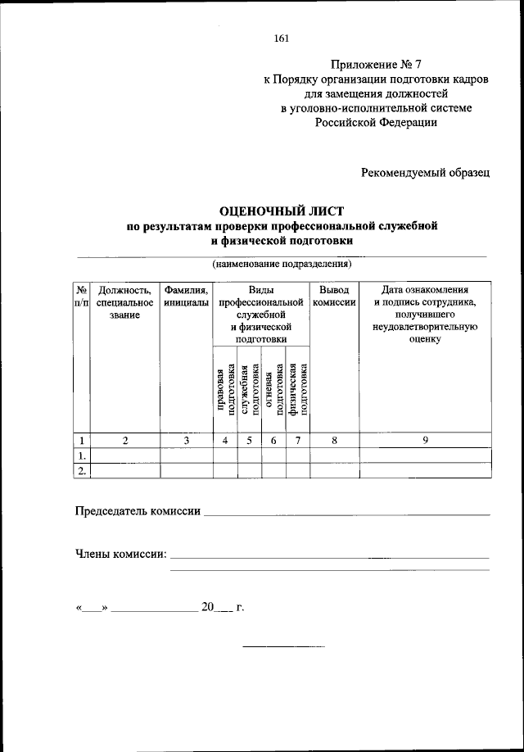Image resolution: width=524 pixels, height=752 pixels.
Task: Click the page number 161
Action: point(282,38)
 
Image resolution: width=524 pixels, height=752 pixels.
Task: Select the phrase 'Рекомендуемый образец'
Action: point(425,171)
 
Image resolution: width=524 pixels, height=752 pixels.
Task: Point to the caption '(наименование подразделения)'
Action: point(282,265)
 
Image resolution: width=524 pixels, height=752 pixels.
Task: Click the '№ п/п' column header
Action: point(82,297)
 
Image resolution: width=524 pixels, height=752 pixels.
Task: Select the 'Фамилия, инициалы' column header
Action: point(186,297)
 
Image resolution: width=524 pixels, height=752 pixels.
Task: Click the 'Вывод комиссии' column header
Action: point(334,297)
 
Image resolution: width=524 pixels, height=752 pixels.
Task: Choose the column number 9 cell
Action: point(425,441)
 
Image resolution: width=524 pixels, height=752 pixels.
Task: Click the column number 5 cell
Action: point(250,441)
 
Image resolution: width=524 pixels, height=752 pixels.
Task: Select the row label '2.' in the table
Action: point(82,470)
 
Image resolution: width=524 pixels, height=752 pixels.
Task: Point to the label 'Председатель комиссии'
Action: point(138,511)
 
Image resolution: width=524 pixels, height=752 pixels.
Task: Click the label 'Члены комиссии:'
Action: point(121,555)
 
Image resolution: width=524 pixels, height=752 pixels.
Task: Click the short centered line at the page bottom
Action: point(284,647)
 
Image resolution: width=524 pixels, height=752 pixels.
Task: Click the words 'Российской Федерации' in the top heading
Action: point(376,123)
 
